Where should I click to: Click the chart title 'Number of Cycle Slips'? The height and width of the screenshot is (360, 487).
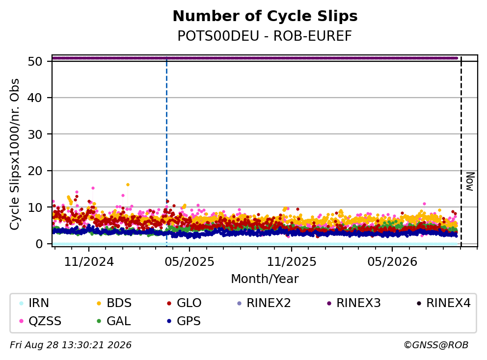tap(265, 16)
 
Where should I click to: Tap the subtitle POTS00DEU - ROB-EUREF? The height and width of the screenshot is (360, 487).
tap(265, 36)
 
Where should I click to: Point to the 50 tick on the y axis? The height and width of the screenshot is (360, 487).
tap(35, 61)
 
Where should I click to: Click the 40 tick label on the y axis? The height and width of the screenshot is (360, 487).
tap(35, 98)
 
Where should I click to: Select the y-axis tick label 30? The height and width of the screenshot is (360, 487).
tap(35, 134)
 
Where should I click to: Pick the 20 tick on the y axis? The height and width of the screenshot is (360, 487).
tap(35, 171)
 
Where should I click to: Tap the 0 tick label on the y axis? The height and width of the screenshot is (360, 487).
tap(39, 244)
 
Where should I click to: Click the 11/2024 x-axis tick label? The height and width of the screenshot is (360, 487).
tap(89, 262)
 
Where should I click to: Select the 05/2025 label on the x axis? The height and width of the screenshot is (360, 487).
tap(189, 262)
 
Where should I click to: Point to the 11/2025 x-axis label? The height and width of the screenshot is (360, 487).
tap(292, 262)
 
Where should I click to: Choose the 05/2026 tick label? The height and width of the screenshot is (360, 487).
tap(392, 262)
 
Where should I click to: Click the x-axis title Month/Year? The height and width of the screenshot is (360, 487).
tap(265, 279)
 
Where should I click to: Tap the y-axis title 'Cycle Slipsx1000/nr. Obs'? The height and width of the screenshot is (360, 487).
tap(14, 154)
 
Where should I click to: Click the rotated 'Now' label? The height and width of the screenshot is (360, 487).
tap(470, 181)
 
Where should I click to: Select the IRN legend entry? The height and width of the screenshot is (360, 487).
tap(34, 303)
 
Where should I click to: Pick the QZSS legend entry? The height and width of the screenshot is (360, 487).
tap(40, 321)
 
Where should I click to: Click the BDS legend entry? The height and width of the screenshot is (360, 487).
tap(114, 303)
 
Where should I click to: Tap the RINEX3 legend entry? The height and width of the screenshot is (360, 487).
tap(354, 303)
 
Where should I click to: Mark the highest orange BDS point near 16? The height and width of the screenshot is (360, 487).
tap(128, 184)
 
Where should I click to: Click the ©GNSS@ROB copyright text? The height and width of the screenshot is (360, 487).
tap(436, 345)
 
